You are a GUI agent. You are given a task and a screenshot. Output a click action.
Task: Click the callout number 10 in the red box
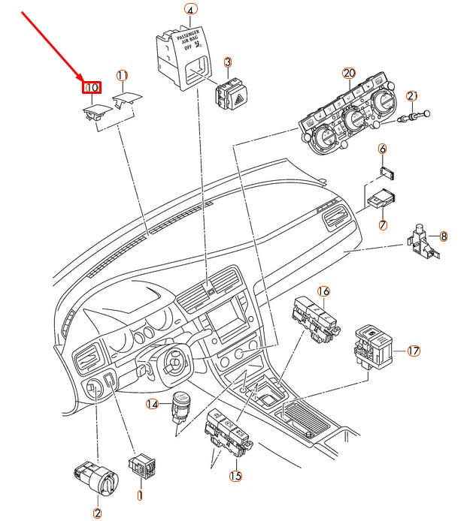pos(91,89)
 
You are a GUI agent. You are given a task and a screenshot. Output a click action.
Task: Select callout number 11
pos(122,75)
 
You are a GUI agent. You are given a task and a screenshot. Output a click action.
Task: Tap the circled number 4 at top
pos(190,10)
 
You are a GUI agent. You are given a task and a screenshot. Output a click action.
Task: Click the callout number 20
pos(348,73)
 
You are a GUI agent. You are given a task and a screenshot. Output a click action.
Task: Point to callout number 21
pos(411,96)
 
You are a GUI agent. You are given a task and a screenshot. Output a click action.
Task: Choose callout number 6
pos(383,149)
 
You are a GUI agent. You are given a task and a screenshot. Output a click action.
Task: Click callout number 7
pos(383,224)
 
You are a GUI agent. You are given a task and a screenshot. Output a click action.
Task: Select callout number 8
pos(444,236)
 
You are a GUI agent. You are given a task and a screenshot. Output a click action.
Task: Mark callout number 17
pos(414,351)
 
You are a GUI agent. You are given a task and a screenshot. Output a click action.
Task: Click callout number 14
pos(153,404)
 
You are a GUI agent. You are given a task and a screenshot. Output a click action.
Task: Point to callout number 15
pos(235,475)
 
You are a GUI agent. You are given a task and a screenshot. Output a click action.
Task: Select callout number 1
pos(139,495)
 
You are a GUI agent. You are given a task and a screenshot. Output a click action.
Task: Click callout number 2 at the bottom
pos(97,513)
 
